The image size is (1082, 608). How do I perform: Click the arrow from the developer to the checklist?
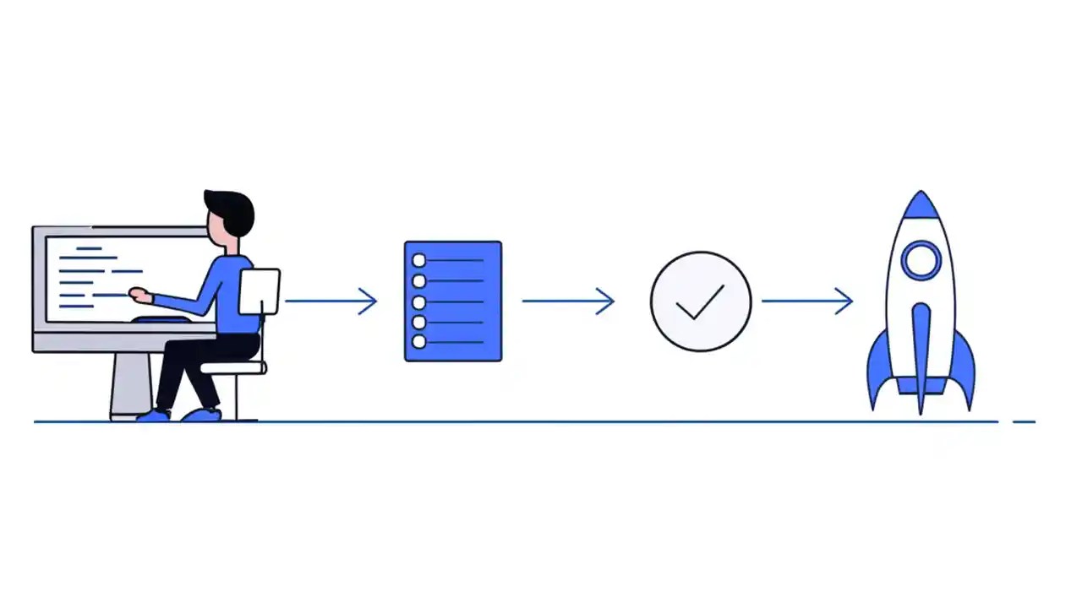(331, 301)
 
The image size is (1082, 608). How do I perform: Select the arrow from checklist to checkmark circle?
(568, 301)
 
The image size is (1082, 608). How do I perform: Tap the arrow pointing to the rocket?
(807, 301)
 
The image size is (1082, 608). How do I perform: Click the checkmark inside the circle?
(701, 301)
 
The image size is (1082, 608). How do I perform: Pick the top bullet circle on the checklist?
(418, 261)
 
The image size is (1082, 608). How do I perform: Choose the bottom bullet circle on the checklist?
(418, 342)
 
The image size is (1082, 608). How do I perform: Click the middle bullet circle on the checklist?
(418, 301)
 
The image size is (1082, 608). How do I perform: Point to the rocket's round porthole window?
(921, 260)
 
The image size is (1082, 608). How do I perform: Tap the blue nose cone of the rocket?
(921, 207)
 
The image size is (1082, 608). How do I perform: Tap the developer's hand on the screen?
(139, 296)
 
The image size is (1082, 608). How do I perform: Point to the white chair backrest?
(259, 291)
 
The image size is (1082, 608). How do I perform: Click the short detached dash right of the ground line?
(1024, 421)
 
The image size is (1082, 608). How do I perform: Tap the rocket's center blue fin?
(921, 355)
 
